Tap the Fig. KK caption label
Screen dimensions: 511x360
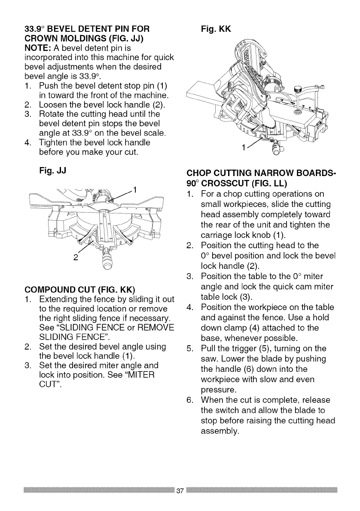tap(217, 29)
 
